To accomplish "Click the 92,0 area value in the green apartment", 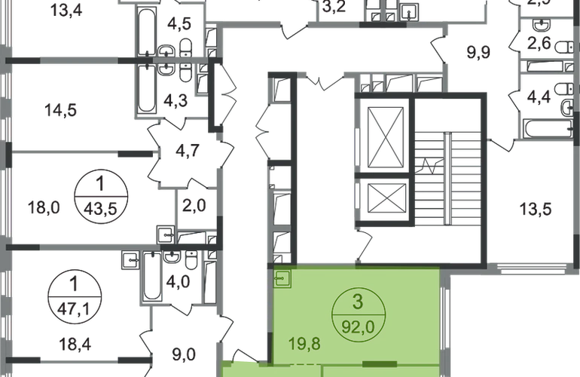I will tap(360, 328).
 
